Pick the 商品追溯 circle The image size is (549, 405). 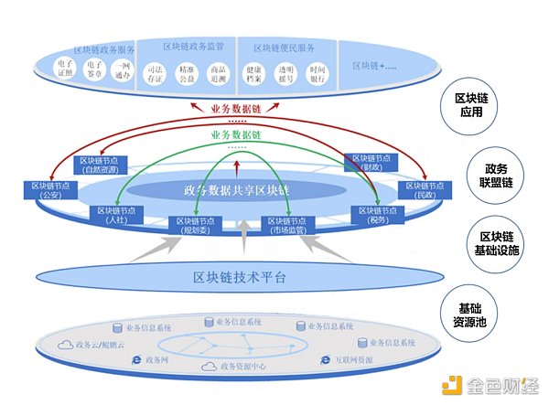pos(217,72)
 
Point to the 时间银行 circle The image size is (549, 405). pos(318,72)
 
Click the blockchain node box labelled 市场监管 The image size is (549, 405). pos(286,225)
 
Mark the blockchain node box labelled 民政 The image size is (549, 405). pos(422,191)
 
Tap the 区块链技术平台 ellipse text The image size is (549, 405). pos(240,277)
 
